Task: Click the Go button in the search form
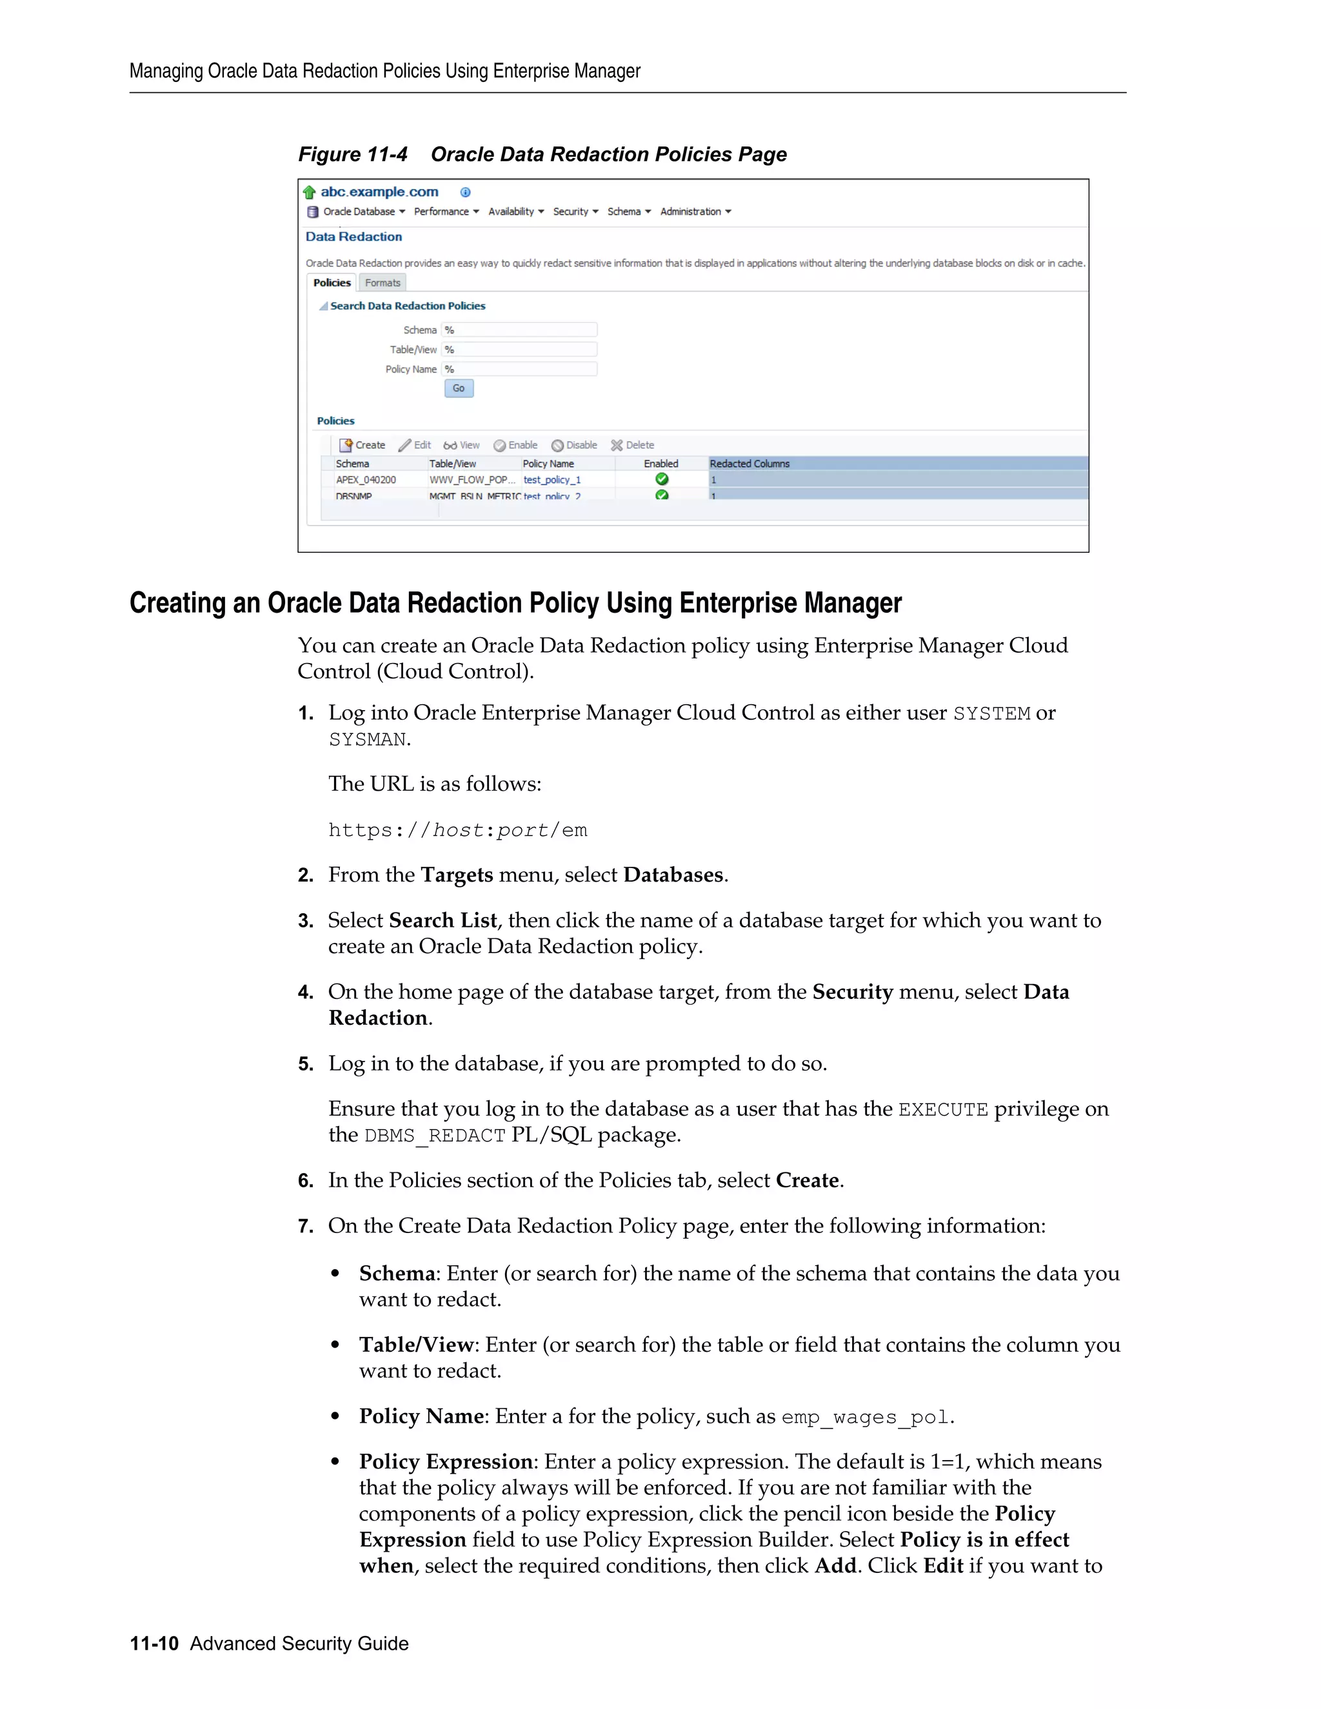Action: coord(459,388)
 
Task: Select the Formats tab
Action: coord(382,282)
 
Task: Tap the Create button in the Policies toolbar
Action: coord(363,445)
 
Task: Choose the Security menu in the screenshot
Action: coord(575,212)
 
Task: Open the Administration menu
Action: coord(695,212)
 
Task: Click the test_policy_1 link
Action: coord(551,480)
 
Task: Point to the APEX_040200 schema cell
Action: coord(366,480)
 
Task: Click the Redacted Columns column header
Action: coord(749,463)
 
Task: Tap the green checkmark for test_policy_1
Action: coord(662,479)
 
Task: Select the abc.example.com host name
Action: coord(379,192)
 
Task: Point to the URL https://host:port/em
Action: coord(457,830)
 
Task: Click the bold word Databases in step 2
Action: coord(673,875)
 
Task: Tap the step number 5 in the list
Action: coord(305,1063)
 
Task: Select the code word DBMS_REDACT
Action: coord(435,1136)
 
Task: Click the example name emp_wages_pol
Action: coord(865,1417)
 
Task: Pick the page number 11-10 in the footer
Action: coord(154,1643)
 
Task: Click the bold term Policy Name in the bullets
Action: coord(421,1416)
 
